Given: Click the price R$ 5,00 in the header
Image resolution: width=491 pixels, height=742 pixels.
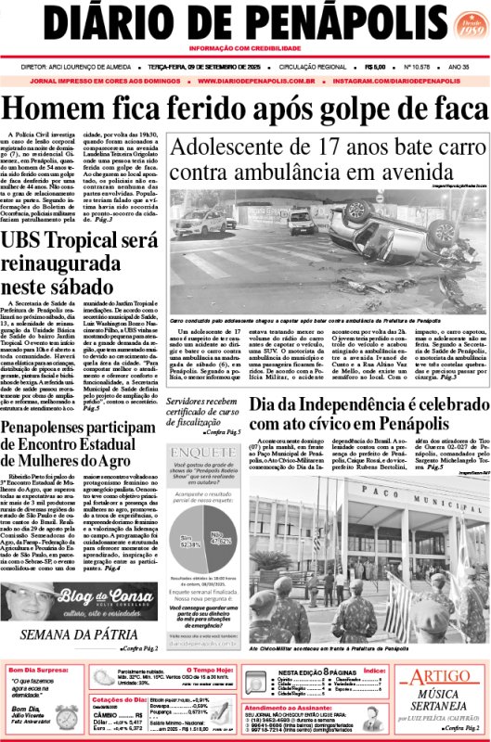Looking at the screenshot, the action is tap(375, 66).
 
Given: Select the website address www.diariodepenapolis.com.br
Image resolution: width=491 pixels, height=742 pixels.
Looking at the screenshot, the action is tap(259, 81).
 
